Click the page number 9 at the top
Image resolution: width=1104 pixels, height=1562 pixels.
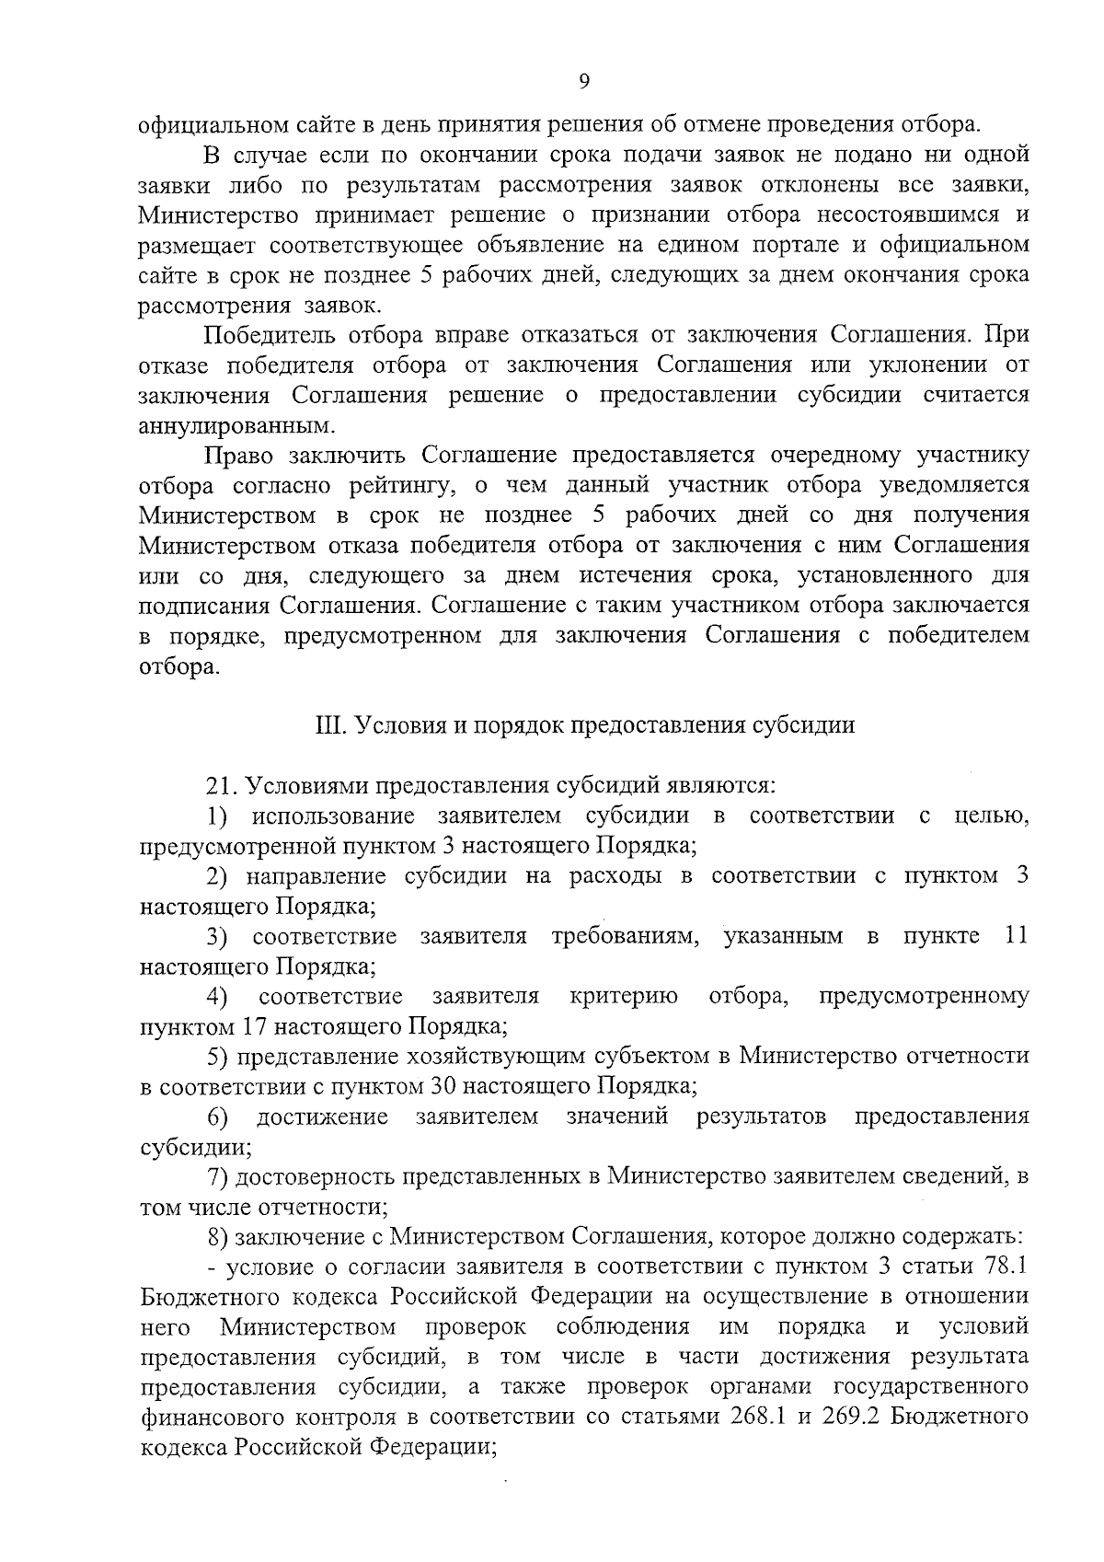point(585,81)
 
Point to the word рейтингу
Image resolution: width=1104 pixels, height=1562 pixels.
point(389,485)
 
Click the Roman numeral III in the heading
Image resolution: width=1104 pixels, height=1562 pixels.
point(328,725)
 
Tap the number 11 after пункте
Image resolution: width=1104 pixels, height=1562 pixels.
point(1012,936)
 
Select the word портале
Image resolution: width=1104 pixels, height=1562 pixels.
point(720,245)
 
